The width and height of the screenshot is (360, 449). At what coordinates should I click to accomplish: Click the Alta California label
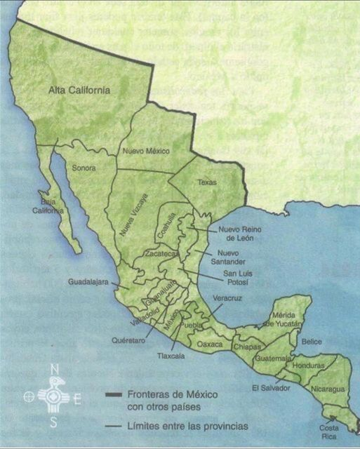(79, 91)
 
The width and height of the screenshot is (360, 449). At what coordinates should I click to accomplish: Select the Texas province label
(207, 182)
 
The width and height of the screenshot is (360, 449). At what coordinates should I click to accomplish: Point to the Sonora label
(84, 168)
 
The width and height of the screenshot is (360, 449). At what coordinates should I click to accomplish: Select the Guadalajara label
(88, 282)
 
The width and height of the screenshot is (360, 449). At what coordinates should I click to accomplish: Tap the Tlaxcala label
(171, 356)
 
